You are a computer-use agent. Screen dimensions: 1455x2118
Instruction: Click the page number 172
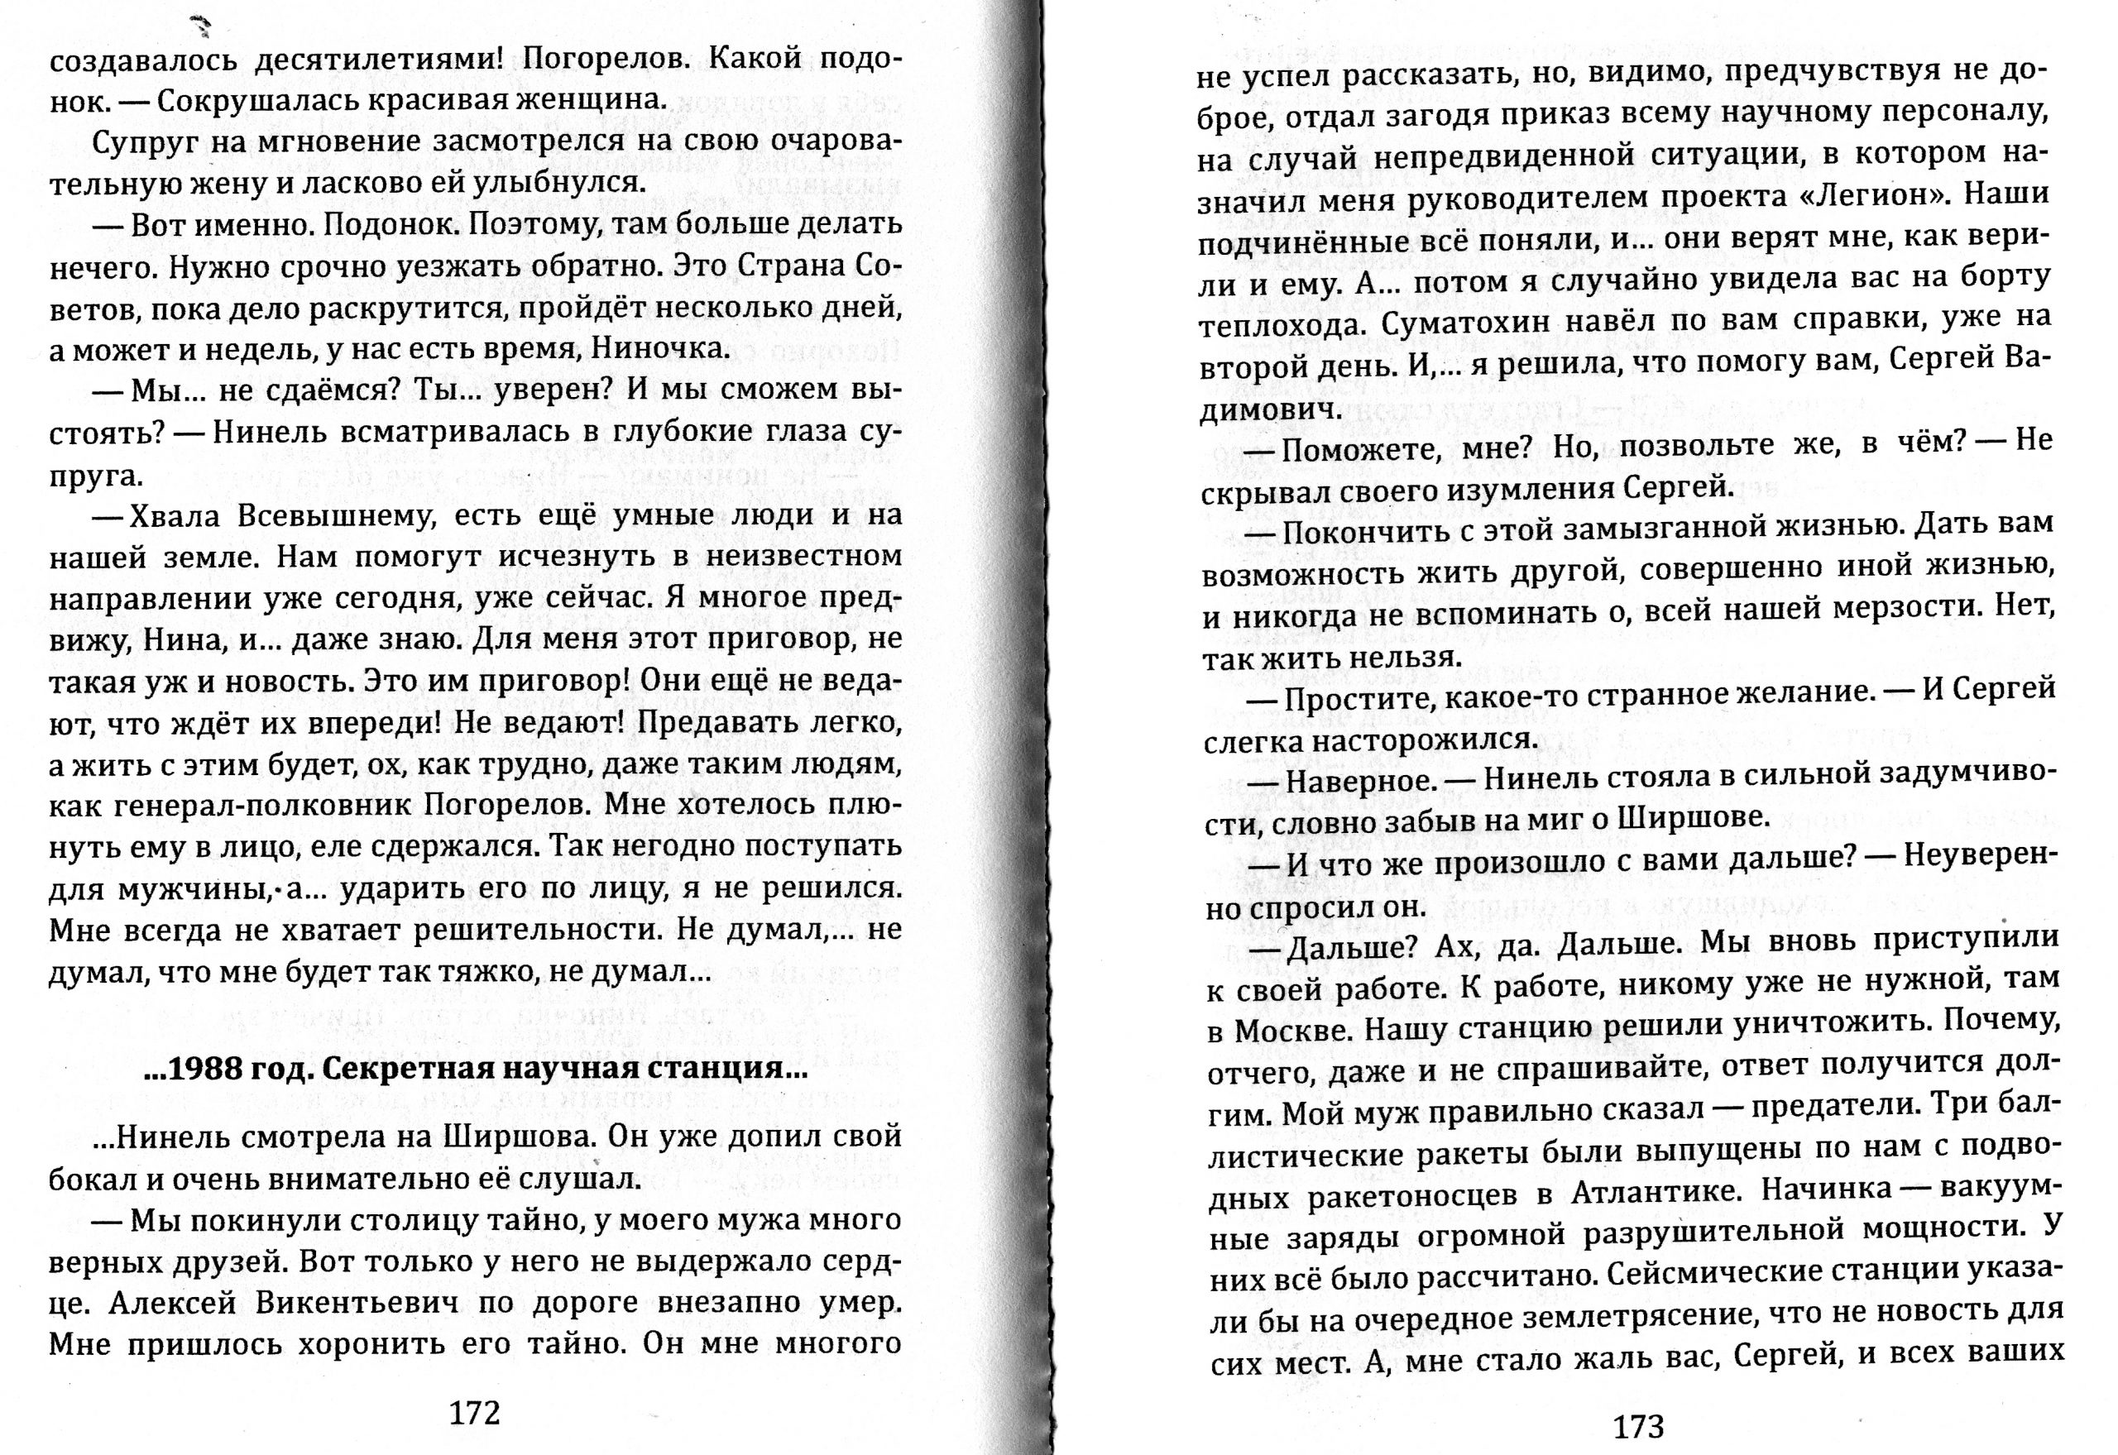point(475,1412)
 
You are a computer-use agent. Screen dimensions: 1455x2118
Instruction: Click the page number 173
point(1638,1426)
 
